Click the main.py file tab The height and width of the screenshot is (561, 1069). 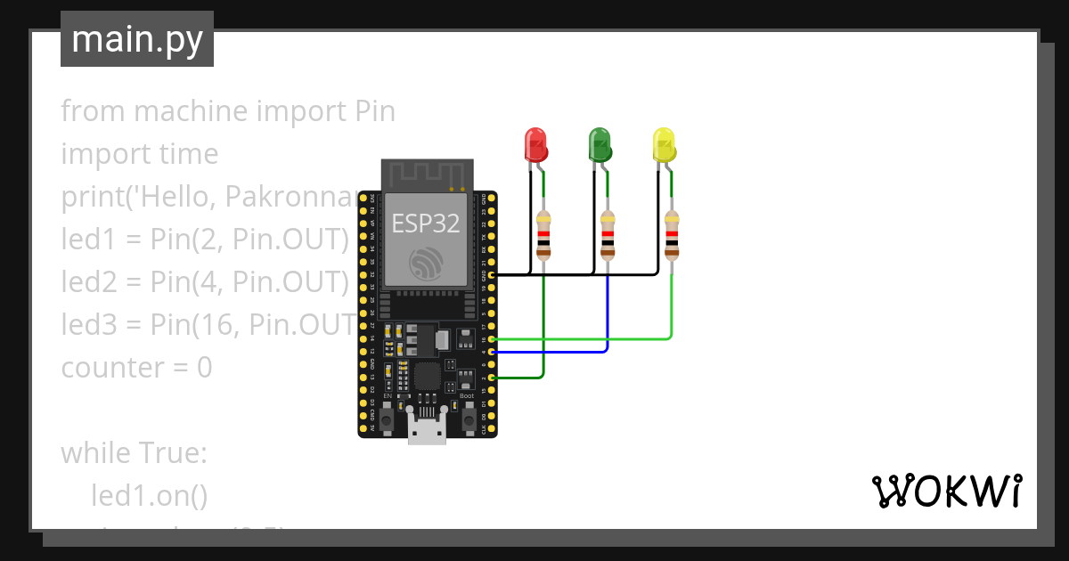coord(136,39)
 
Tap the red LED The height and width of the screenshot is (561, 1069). coord(535,144)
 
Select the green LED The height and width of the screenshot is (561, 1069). coord(600,144)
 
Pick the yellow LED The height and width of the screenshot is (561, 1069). coord(664,144)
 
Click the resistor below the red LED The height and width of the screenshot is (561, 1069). coord(543,234)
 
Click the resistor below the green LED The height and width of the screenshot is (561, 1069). coord(608,234)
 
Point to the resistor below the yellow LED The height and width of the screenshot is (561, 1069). coord(672,234)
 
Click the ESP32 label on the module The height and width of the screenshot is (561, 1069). coord(427,224)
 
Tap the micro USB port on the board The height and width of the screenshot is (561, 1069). coord(427,430)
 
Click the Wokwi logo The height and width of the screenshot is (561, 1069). coord(945,492)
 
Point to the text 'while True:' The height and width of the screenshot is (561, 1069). coord(134,453)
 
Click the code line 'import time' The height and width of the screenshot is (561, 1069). coord(139,154)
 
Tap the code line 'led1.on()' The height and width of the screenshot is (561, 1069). coord(149,496)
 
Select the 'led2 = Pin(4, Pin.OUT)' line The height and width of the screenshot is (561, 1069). coord(204,282)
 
